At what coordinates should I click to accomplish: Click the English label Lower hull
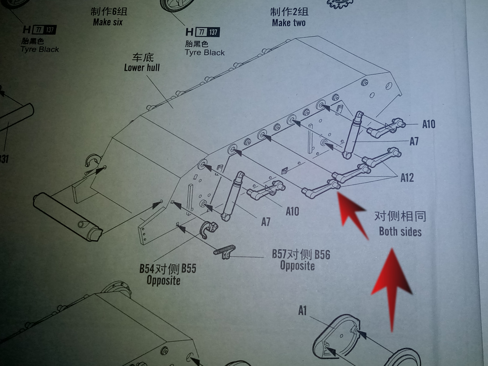pyautogui.click(x=142, y=68)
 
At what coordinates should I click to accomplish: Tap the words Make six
pyautogui.click(x=108, y=22)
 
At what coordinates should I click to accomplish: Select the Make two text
pyautogui.click(x=288, y=23)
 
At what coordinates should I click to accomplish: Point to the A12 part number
pyautogui.click(x=407, y=178)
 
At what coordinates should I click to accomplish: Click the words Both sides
pyautogui.click(x=400, y=232)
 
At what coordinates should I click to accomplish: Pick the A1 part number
pyautogui.click(x=303, y=311)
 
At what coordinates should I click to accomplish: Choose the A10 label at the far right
pyautogui.click(x=428, y=124)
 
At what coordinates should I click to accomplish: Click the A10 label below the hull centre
pyautogui.click(x=292, y=211)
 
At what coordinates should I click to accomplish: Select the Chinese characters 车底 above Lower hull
pyautogui.click(x=142, y=57)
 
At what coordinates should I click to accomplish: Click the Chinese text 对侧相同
pyautogui.click(x=400, y=217)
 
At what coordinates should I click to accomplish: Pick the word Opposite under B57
pyautogui.click(x=297, y=265)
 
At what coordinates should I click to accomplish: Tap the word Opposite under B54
pyautogui.click(x=163, y=280)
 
